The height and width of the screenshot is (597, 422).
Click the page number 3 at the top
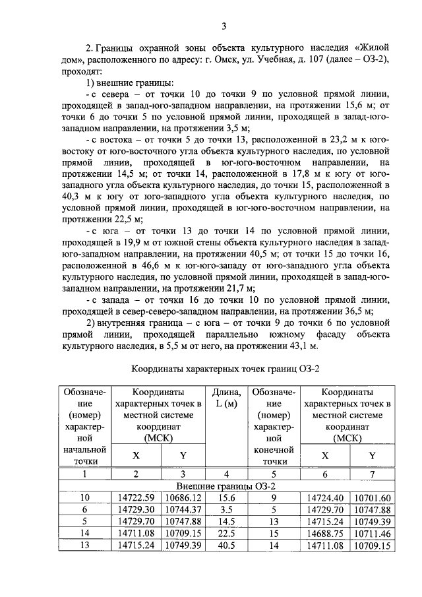(x=224, y=26)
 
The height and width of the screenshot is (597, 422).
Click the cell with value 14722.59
(x=136, y=498)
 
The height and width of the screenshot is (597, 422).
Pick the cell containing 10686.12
(x=183, y=498)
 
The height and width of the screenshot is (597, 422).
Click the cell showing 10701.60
(x=373, y=498)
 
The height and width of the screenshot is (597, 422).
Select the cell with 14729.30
(x=136, y=510)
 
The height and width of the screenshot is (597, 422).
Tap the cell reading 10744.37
(x=183, y=510)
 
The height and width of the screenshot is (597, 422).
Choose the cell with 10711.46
(x=373, y=534)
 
